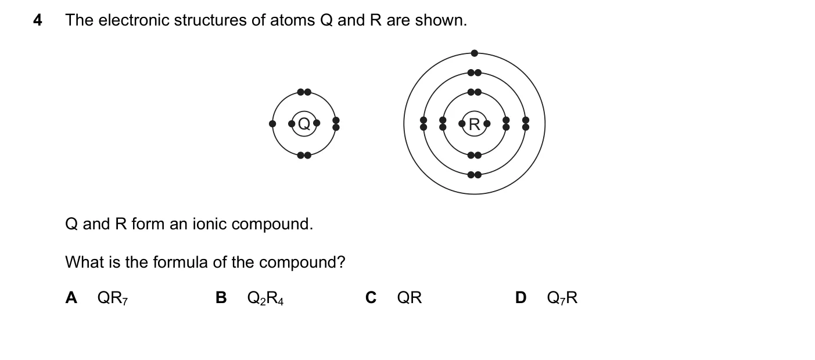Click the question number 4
click(38, 20)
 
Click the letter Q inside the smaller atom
click(304, 124)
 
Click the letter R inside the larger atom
click(475, 124)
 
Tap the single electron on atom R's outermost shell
click(475, 53)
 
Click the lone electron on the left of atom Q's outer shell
click(272, 124)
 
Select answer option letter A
click(71, 297)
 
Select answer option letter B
click(221, 297)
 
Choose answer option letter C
click(371, 297)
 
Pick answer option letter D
click(520, 297)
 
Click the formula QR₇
click(113, 298)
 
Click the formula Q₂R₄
click(265, 298)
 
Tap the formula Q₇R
click(562, 298)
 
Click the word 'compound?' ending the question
click(302, 262)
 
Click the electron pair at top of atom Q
click(304, 92)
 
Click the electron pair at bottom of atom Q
click(304, 156)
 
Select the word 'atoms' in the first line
click(293, 20)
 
